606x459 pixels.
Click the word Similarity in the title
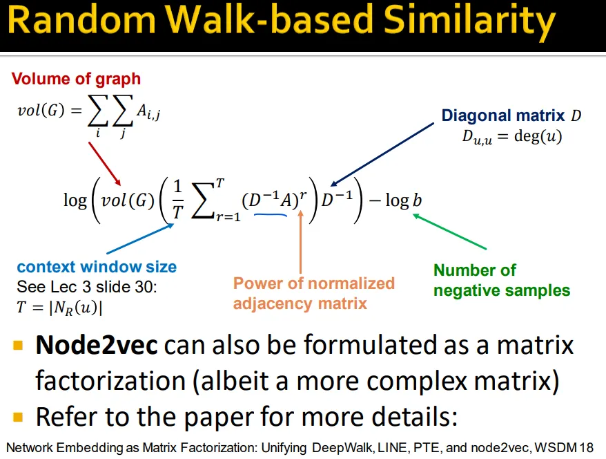[x=469, y=21]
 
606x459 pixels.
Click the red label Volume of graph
[x=76, y=79]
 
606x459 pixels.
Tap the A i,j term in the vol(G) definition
[x=148, y=112]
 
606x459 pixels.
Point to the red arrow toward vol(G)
[x=105, y=164]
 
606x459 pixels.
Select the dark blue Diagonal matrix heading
[x=503, y=115]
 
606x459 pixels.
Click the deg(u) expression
[x=538, y=136]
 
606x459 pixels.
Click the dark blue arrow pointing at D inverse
[x=382, y=154]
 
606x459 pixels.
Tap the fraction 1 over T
[x=177, y=200]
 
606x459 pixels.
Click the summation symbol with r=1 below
[x=204, y=200]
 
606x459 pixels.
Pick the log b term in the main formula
[x=404, y=200]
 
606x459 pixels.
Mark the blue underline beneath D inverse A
[x=270, y=214]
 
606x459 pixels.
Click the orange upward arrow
[x=300, y=242]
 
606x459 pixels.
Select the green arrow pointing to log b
[x=449, y=231]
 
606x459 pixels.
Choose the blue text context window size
[x=97, y=267]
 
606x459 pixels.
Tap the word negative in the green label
[x=466, y=290]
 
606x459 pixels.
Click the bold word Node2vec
[x=97, y=345]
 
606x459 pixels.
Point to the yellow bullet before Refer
[x=18, y=418]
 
